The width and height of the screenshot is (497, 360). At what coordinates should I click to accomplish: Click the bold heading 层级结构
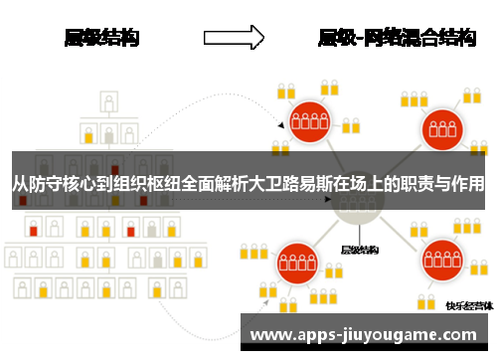tap(101, 39)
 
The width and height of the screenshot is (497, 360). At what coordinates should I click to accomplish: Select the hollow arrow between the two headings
tap(234, 38)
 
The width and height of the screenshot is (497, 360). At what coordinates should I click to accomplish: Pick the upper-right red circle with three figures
tap(440, 126)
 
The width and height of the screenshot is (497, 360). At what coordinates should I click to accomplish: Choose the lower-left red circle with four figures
tap(296, 265)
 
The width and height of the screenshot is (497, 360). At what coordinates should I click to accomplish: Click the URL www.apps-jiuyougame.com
tap(367, 335)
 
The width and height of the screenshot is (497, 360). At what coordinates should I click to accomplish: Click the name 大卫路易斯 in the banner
tap(283, 184)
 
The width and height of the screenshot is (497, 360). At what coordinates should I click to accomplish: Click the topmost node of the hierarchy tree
tap(108, 102)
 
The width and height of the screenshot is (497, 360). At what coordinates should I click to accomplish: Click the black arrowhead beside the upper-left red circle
tap(281, 127)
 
